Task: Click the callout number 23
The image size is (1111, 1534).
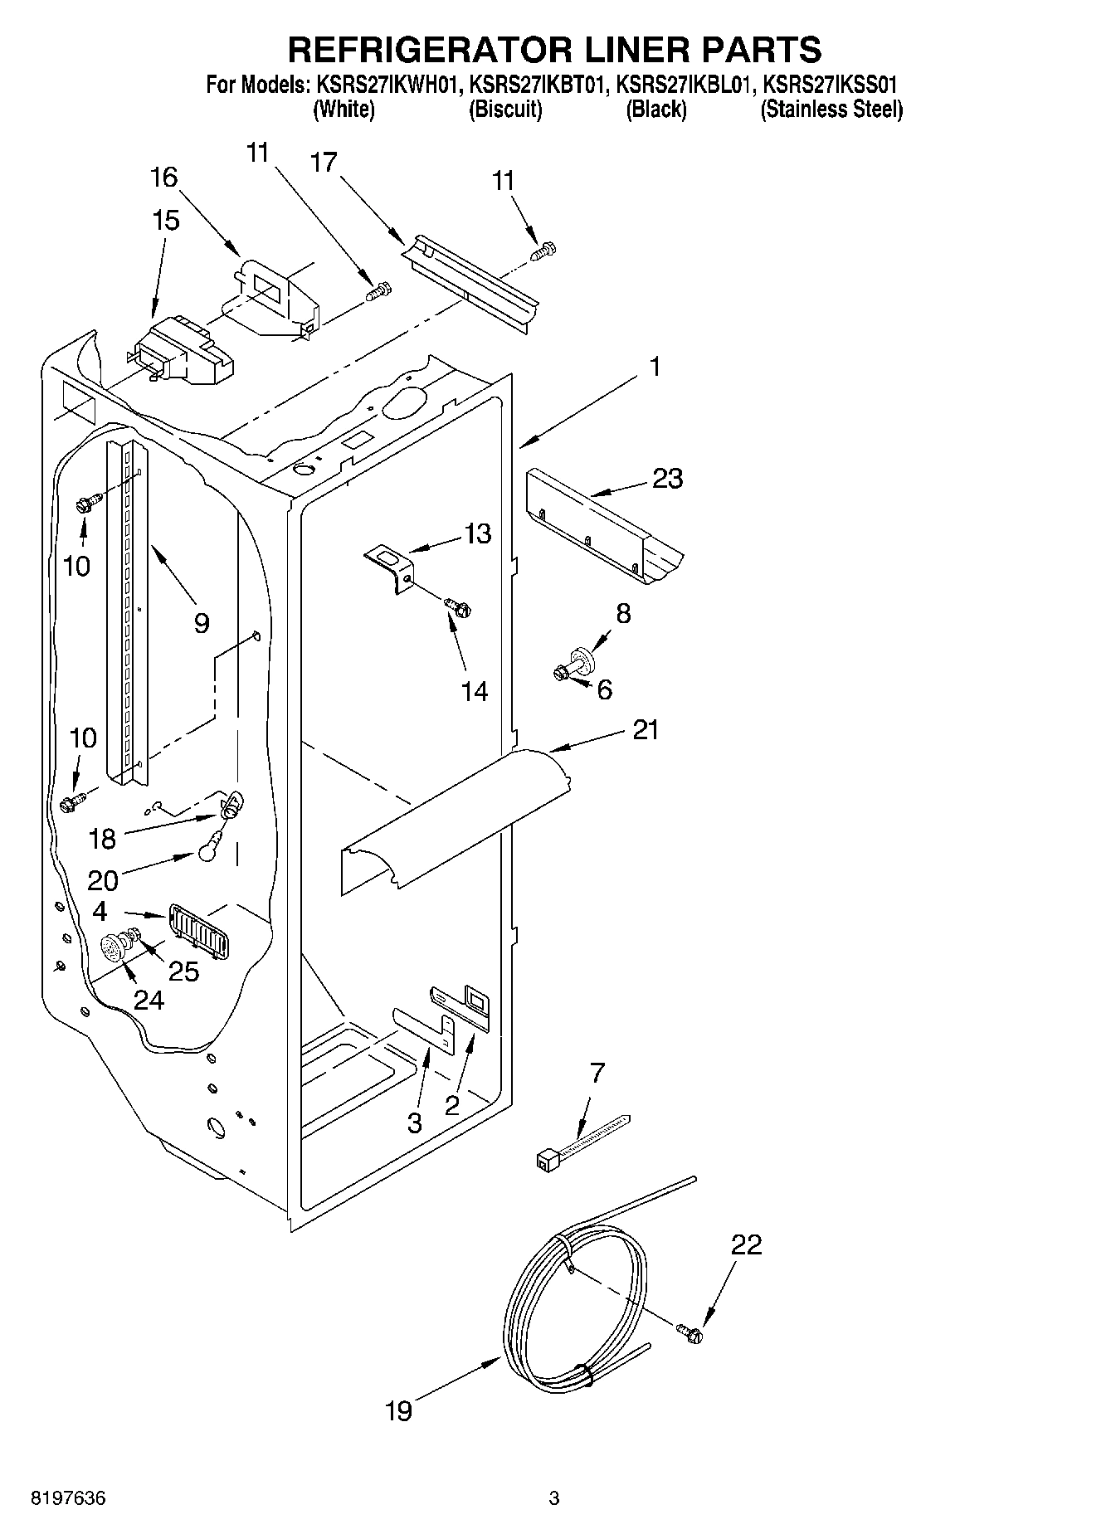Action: pyautogui.click(x=667, y=479)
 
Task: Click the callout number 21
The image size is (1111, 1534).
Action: pyautogui.click(x=645, y=730)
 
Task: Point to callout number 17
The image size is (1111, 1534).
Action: pyautogui.click(x=324, y=162)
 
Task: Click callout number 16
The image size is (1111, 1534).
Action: pyautogui.click(x=164, y=177)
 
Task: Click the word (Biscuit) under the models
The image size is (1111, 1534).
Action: pyautogui.click(x=505, y=110)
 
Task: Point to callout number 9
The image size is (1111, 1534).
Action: pyautogui.click(x=201, y=623)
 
